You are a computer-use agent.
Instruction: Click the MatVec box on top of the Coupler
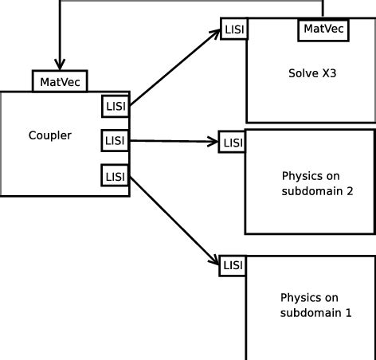(60, 80)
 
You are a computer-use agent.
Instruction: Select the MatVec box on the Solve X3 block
(324, 29)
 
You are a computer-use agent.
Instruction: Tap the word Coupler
(49, 135)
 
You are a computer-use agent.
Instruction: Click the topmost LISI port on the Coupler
(115, 106)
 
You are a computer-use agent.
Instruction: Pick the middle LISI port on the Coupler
(115, 141)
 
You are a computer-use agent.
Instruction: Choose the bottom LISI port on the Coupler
(115, 175)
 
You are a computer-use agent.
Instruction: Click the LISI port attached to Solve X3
(234, 29)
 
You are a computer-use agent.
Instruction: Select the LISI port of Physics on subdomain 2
(233, 143)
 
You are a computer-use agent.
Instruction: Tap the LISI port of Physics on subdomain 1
(233, 264)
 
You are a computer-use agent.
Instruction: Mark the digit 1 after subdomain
(347, 313)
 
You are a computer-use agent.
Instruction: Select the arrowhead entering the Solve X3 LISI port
(216, 33)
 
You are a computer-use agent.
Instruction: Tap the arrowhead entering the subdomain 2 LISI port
(213, 142)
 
